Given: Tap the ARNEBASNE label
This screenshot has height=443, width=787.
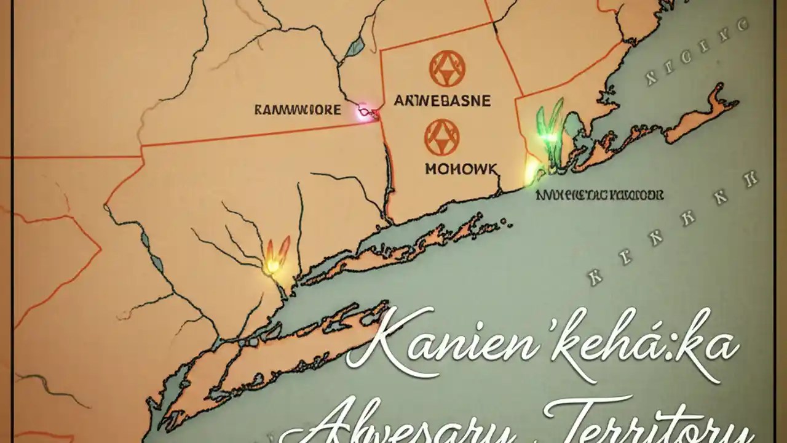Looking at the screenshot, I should [441, 100].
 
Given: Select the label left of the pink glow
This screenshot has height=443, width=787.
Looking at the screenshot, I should [297, 110].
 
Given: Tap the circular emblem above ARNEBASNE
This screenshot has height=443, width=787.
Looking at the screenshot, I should [447, 68].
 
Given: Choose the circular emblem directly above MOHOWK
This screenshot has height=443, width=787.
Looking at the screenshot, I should [441, 137].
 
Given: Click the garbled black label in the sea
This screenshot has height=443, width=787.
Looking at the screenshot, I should [599, 195].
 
